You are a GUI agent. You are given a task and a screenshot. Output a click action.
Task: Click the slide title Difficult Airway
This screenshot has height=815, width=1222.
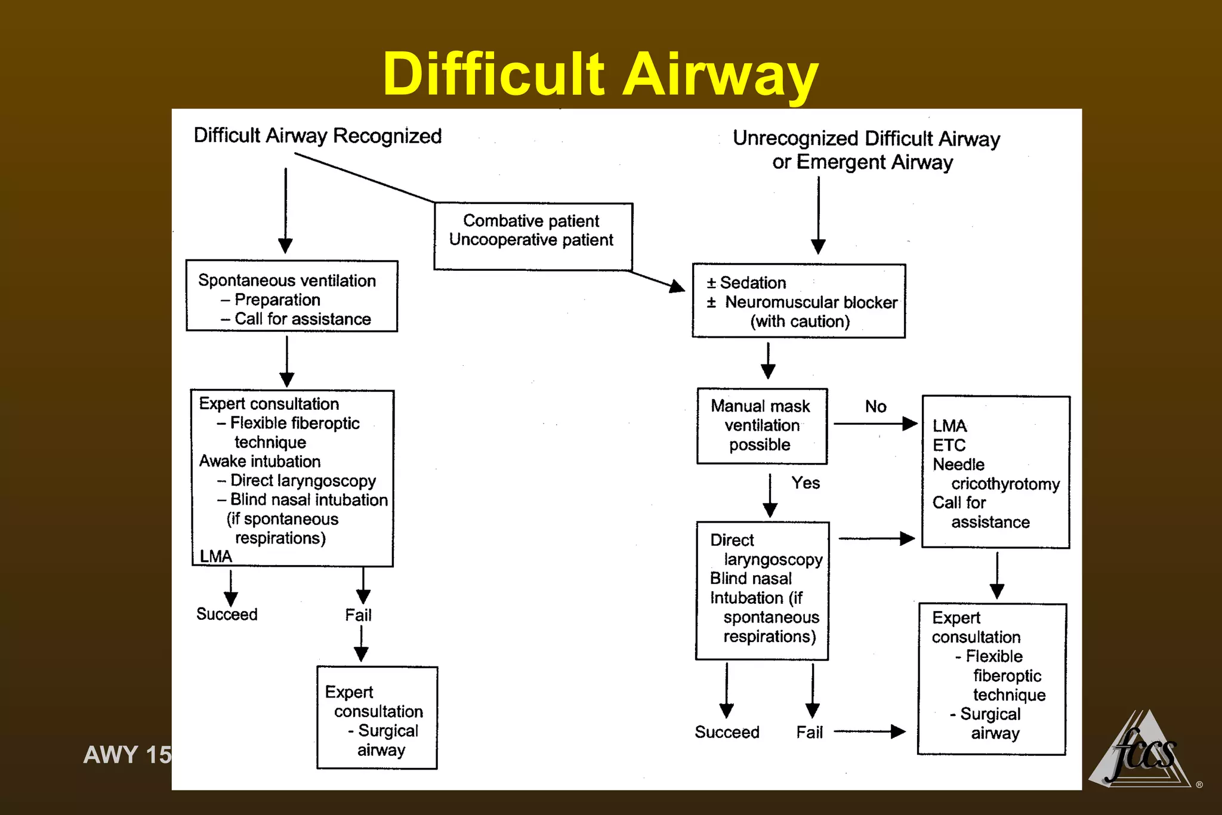click(600, 74)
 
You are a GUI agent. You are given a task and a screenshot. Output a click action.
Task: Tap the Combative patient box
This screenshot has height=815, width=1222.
click(532, 236)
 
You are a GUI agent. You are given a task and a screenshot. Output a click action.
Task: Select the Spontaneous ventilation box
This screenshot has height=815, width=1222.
click(292, 297)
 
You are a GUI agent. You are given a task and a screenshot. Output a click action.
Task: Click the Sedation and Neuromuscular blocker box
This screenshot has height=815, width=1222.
click(798, 301)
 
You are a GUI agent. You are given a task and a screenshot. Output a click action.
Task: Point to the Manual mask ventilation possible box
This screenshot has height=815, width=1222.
click(761, 426)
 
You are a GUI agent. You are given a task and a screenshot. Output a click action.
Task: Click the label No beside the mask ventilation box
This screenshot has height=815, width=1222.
click(875, 407)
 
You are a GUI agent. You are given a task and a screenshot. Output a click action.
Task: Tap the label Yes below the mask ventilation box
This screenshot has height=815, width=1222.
click(806, 483)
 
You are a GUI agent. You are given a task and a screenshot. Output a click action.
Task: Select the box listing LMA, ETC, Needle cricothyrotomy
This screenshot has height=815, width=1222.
click(995, 472)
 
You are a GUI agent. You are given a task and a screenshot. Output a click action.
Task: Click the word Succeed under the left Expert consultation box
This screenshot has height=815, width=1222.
click(227, 615)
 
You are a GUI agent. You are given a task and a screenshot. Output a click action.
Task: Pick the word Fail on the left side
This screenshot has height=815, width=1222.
click(358, 615)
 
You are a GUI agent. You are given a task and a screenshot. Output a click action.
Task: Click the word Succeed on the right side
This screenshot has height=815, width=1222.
click(727, 733)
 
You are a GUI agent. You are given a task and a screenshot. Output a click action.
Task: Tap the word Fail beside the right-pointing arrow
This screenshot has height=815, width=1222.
click(809, 733)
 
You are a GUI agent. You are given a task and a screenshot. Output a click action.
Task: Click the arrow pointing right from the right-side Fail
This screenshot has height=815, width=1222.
click(870, 731)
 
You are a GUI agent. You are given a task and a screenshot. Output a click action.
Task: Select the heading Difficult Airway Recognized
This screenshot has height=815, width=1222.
click(317, 136)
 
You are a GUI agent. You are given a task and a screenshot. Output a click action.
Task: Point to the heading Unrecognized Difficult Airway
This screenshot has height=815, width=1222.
click(866, 138)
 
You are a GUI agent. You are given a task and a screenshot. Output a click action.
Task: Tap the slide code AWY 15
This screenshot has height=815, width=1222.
click(127, 755)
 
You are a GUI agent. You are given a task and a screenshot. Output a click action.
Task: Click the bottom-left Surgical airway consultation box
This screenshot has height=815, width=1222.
click(377, 718)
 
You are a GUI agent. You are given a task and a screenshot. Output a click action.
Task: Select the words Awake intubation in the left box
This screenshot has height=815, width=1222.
click(260, 462)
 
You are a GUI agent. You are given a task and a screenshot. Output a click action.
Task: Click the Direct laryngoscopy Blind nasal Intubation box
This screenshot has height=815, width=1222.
click(762, 591)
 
